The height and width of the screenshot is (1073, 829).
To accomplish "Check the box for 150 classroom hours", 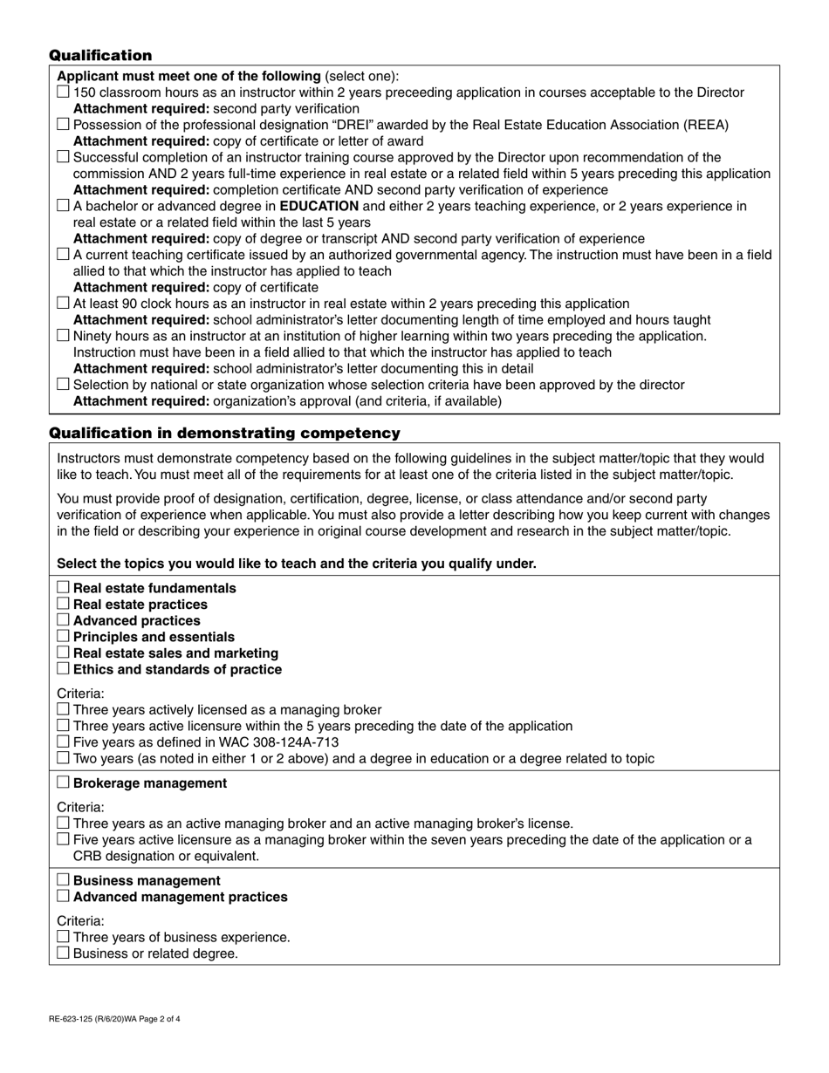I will (63, 92).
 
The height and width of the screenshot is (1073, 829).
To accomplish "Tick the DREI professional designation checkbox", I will (63, 125).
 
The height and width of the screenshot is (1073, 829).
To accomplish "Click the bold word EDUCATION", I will (319, 207).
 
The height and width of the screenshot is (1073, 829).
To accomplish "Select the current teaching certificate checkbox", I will (63, 255).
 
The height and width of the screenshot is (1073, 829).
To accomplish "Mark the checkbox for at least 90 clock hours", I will (63, 304).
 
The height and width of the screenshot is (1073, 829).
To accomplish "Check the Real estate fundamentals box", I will (63, 588).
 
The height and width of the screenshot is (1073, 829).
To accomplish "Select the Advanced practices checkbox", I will (63, 620).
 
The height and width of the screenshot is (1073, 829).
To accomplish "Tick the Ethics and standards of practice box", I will (63, 669).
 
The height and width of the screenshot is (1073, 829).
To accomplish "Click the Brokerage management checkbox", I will (63, 783).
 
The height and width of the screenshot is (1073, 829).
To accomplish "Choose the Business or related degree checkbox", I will (63, 953).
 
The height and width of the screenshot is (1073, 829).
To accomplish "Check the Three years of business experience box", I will (63, 937).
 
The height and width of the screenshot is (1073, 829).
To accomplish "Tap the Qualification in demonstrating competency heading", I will (224, 434).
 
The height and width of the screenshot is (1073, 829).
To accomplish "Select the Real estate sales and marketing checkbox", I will (63, 653).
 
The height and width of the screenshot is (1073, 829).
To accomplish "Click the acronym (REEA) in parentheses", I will (703, 126).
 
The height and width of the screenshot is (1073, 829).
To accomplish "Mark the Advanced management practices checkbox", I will (63, 897).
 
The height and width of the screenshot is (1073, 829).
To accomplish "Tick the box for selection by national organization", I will (63, 385).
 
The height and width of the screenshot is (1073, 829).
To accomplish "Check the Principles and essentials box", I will (63, 637).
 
